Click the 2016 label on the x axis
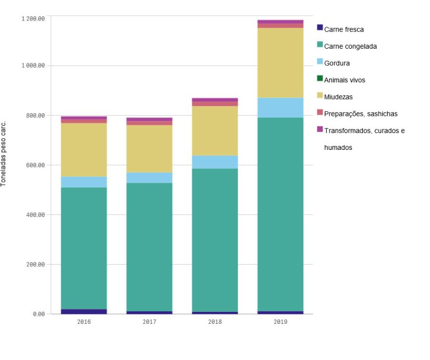[x=84, y=322]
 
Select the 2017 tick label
[x=149, y=322]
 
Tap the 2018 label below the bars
[x=215, y=322]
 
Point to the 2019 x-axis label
[x=281, y=322]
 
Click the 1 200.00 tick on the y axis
[x=33, y=19]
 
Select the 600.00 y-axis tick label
[x=36, y=165]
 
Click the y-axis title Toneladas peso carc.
[x=4, y=154]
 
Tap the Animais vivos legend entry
[x=344, y=80]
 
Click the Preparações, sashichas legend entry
[x=360, y=114]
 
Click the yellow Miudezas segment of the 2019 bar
[x=281, y=63]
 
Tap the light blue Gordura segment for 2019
[x=281, y=107]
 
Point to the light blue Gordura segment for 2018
[x=215, y=162]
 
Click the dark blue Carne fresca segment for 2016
[x=84, y=311]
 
